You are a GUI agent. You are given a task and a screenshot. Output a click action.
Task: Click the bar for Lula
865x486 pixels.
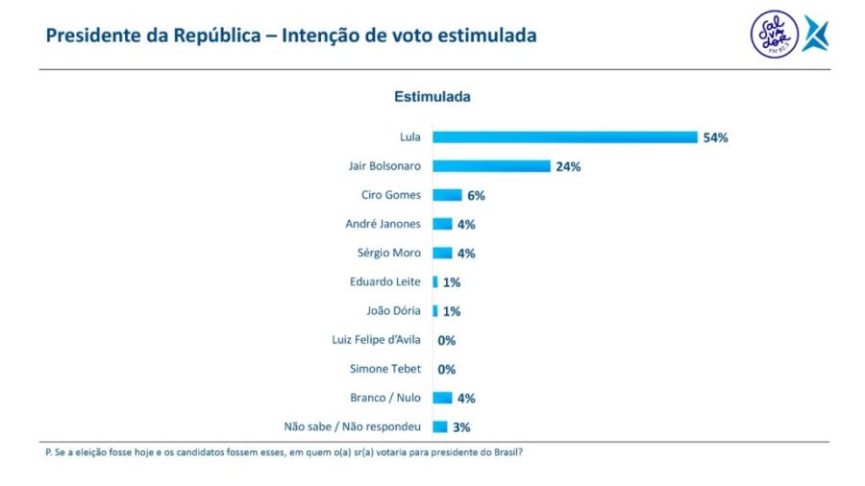[x=564, y=137]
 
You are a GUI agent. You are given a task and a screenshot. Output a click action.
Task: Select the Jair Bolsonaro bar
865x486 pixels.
[x=491, y=166]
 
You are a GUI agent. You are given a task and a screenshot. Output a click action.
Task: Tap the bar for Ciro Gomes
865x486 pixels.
[x=447, y=195]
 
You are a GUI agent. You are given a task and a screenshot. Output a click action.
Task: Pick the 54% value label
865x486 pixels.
[x=715, y=137]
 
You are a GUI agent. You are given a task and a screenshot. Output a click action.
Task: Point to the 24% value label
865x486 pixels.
[x=568, y=166]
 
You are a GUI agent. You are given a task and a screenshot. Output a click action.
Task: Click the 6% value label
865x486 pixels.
[x=476, y=195]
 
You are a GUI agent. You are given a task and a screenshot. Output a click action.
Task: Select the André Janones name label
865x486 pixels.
[x=383, y=224]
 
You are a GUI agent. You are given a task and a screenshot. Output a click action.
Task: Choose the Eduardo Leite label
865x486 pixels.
[x=385, y=282]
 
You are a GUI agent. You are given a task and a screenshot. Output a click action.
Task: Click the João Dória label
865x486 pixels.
[x=392, y=311]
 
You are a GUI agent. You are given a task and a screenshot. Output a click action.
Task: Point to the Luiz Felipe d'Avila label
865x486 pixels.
[x=370, y=340]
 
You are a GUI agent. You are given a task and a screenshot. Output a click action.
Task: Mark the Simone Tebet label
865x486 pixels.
[x=385, y=369]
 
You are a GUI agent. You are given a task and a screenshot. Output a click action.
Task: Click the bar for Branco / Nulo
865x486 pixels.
[x=442, y=398]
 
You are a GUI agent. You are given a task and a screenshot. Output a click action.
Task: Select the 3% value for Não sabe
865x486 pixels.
[x=461, y=427]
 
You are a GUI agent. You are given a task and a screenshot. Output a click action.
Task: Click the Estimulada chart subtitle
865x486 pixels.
[x=432, y=97]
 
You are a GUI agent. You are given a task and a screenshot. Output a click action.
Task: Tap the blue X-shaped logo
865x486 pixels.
[x=815, y=34]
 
